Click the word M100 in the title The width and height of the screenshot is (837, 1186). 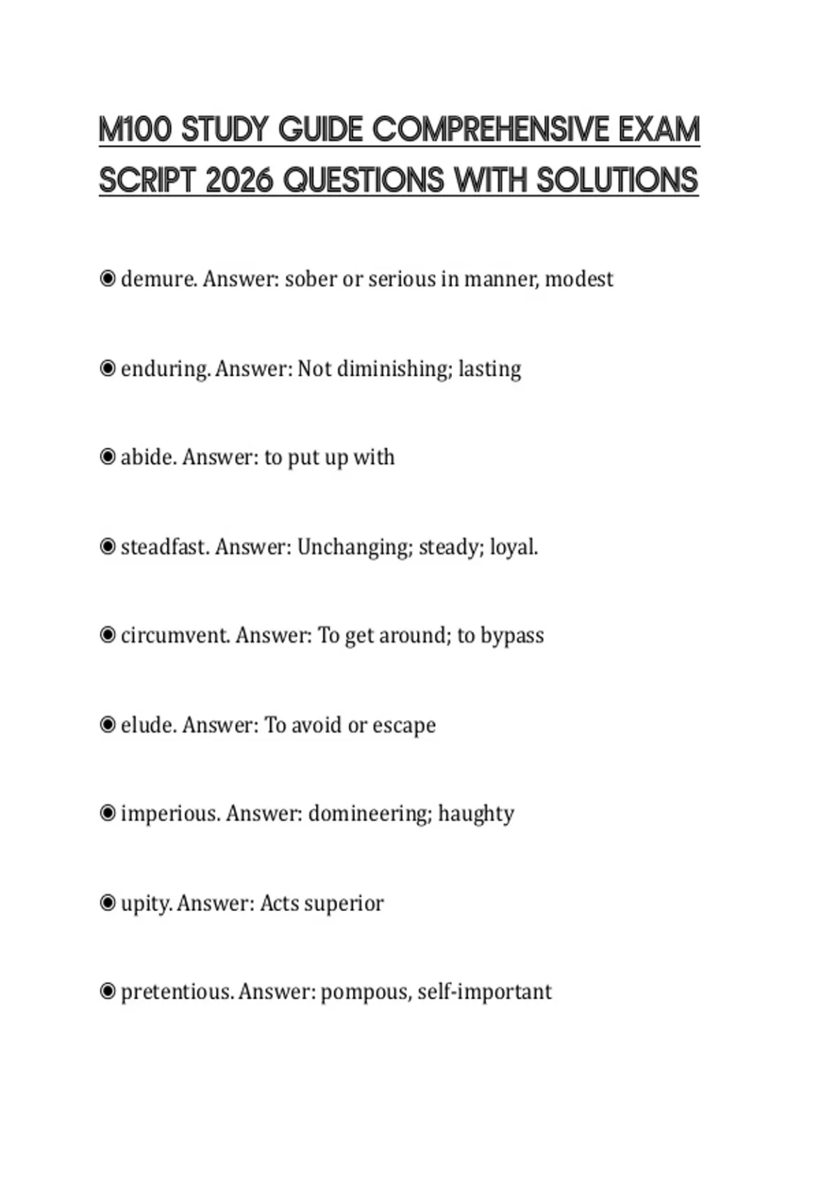[135, 130]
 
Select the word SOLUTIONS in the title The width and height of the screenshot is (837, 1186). [617, 180]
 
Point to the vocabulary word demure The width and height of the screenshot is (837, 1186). [159, 279]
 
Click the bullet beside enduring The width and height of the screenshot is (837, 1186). [107, 368]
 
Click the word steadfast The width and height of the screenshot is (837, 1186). [164, 546]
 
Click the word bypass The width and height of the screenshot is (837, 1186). [512, 636]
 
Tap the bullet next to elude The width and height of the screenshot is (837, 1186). [107, 725]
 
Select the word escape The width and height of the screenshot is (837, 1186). [404, 726]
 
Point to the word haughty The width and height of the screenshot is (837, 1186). [476, 814]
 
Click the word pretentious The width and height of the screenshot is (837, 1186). [176, 992]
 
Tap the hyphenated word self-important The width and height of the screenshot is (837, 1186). [484, 992]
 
